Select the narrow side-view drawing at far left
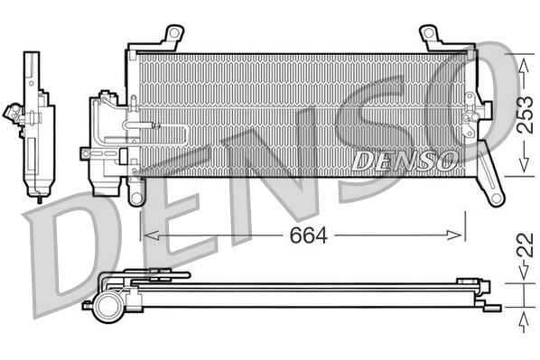(x=35, y=122)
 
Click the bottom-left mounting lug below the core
(x=136, y=192)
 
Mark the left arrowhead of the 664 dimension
(x=147, y=235)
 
